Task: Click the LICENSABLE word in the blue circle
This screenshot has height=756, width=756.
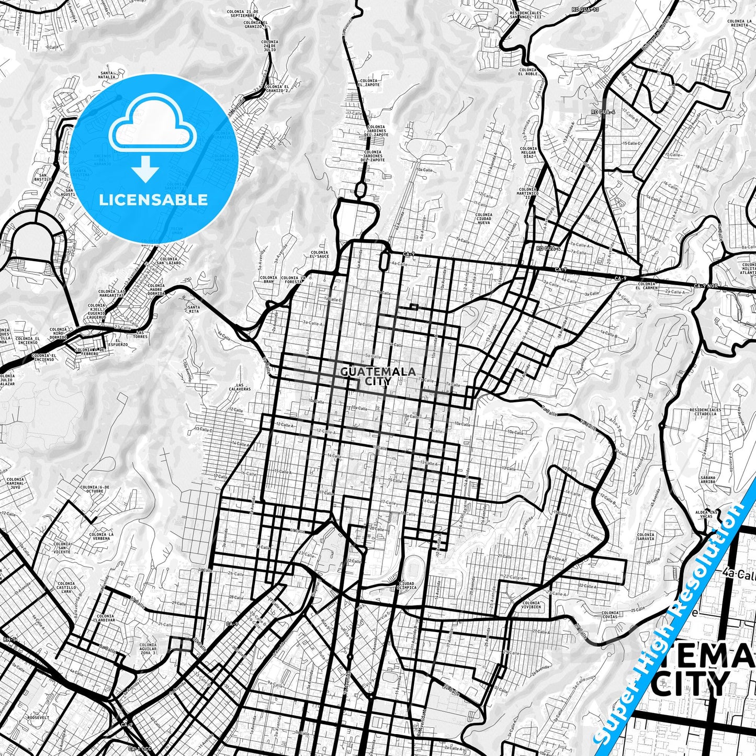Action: coord(153,199)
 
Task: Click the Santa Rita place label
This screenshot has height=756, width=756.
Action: coord(194,309)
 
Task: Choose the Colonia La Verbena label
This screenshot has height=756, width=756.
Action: coord(102,537)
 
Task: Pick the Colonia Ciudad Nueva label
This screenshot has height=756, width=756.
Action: coord(484,218)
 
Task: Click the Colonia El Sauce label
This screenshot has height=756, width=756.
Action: coord(319,255)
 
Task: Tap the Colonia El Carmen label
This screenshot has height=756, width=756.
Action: coord(646,286)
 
